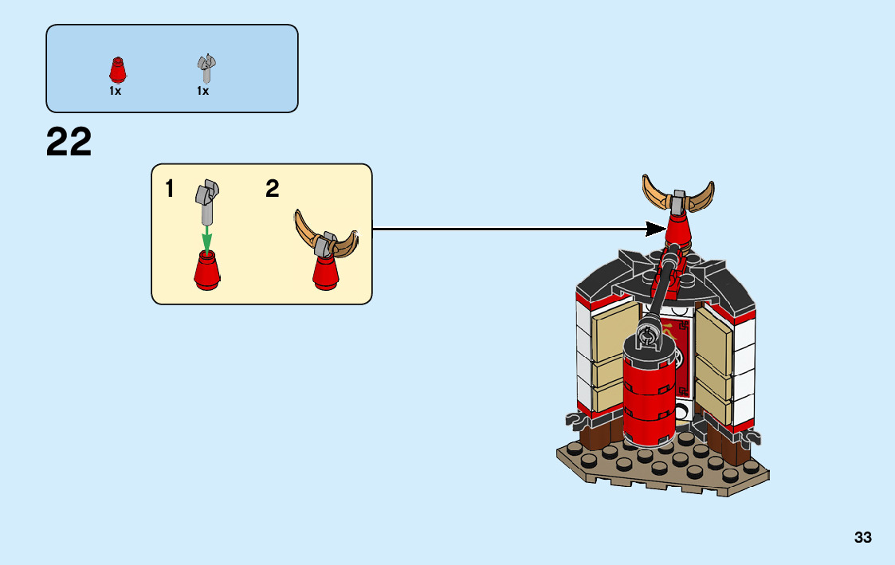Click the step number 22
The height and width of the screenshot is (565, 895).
(x=69, y=143)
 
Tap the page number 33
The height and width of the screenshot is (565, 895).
(x=862, y=538)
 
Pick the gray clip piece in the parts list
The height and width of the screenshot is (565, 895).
(x=206, y=69)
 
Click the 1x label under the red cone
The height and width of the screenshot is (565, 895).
(x=116, y=92)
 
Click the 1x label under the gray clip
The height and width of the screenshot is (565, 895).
(x=203, y=92)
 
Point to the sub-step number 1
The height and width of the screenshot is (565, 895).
(x=170, y=190)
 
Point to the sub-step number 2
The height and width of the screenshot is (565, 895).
(x=273, y=190)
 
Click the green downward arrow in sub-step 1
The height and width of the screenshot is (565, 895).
(x=206, y=237)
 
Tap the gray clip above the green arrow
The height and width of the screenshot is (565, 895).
(x=207, y=201)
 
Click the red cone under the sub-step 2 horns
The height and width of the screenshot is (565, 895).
(x=325, y=273)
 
